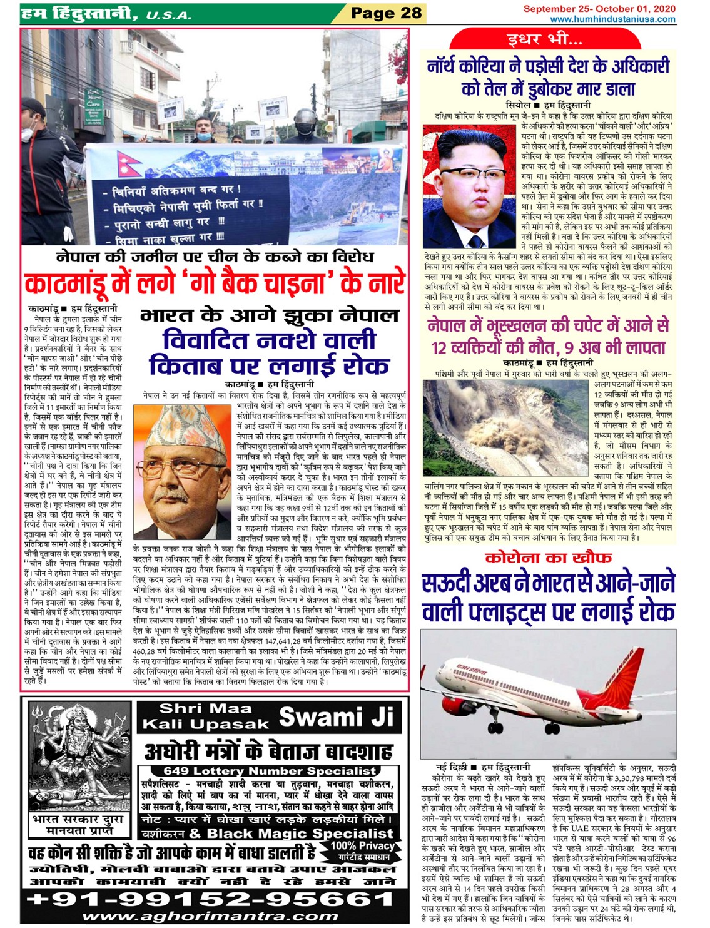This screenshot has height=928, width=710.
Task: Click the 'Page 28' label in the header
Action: [x=386, y=13]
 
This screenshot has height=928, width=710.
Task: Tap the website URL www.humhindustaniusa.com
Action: [x=612, y=19]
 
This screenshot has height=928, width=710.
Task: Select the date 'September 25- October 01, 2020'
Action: [x=599, y=9]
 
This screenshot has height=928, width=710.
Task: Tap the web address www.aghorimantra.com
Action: [x=210, y=917]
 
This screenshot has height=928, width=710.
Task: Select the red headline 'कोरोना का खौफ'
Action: [x=548, y=558]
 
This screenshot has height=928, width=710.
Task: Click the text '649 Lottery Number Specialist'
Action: [x=270, y=771]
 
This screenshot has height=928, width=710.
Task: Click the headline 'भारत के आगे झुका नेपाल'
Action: [x=269, y=315]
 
